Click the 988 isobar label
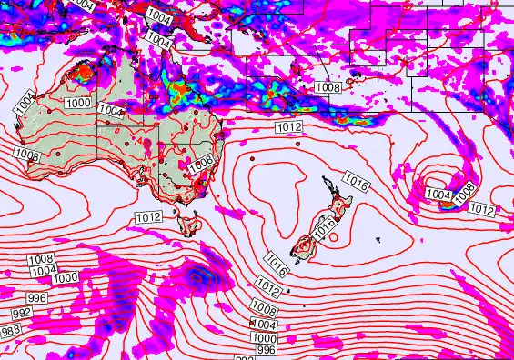11,330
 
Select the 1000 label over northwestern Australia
78,104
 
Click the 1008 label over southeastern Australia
202,161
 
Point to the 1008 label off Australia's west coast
26,155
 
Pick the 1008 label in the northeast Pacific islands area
328,87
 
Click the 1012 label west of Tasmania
147,217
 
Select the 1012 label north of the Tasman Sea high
288,127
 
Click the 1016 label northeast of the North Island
356,183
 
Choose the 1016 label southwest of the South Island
277,265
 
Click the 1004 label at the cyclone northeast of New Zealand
438,195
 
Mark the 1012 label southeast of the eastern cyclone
482,210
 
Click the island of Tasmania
190,223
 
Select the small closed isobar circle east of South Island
333,238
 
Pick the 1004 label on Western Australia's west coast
25,102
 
